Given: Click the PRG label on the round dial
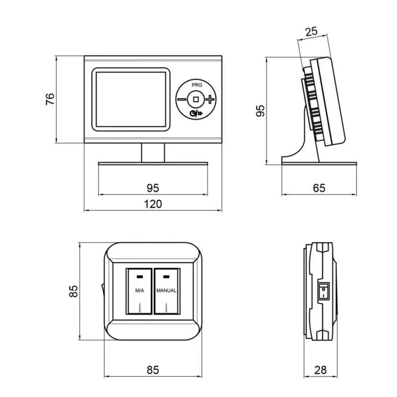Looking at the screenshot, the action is click(197, 85).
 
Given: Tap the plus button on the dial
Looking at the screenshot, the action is click(210, 99).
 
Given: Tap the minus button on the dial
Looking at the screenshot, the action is click(181, 99).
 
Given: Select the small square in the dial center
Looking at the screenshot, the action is click(196, 99).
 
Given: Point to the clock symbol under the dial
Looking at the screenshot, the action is click(193, 114).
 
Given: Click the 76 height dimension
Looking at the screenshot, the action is click(50, 99).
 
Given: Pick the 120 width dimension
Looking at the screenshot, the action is click(153, 204).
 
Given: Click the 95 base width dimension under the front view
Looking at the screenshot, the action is click(153, 188).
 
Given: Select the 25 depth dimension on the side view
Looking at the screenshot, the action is click(311, 32).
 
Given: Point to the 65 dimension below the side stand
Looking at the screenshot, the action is click(319, 188).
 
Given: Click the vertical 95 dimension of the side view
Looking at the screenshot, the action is click(260, 111).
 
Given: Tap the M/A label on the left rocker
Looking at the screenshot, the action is click(139, 291).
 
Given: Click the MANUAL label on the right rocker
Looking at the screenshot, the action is click(166, 291).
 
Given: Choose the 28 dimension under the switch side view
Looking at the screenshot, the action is click(320, 370).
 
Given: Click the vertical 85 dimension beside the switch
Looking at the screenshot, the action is click(73, 291).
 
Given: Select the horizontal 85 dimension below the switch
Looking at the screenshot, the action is click(153, 370).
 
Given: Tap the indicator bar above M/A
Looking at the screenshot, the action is click(139, 277).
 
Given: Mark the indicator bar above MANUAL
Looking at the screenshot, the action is click(166, 277).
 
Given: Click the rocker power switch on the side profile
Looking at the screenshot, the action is click(324, 291).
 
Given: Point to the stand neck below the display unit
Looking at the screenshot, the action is click(153, 153).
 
